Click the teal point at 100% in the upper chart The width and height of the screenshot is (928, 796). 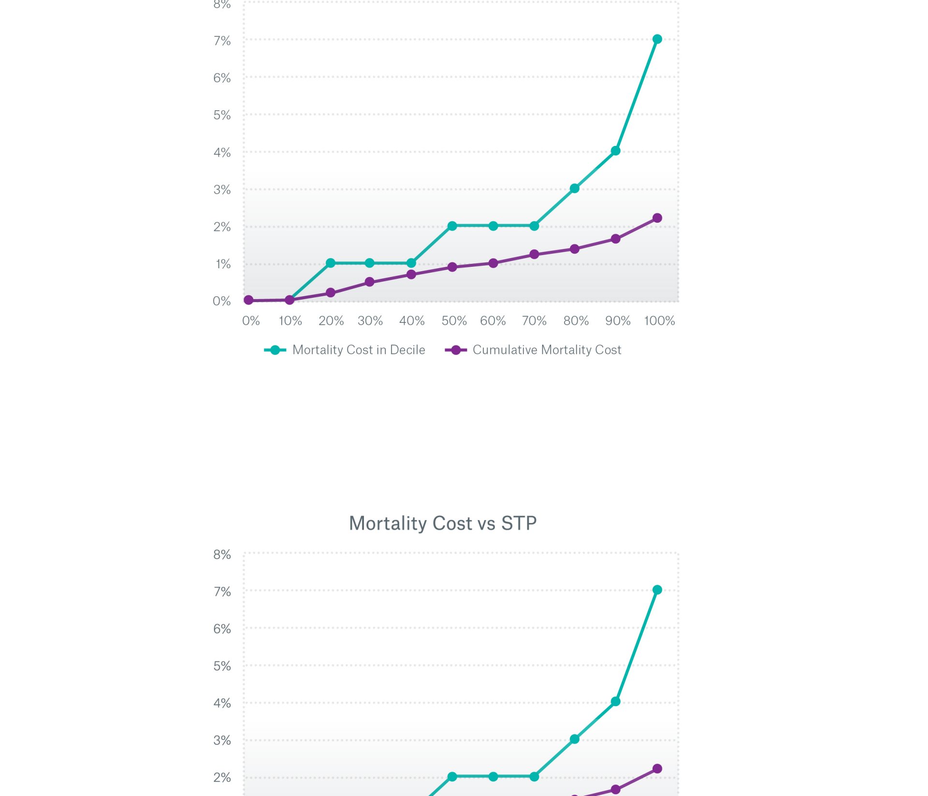pyautogui.click(x=657, y=39)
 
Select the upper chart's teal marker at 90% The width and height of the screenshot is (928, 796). pyautogui.click(x=615, y=151)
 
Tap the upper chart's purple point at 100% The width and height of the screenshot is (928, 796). pyautogui.click(x=657, y=218)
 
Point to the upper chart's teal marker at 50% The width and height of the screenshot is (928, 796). pyautogui.click(x=452, y=226)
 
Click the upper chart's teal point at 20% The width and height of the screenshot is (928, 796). pyautogui.click(x=331, y=263)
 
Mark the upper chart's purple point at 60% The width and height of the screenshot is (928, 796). pyautogui.click(x=493, y=263)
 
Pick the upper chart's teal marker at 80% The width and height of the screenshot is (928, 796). pyautogui.click(x=574, y=188)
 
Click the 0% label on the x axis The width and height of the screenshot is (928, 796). pyautogui.click(x=251, y=321)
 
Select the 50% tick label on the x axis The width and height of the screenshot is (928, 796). pyautogui.click(x=454, y=321)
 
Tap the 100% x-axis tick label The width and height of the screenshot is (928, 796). pyautogui.click(x=659, y=321)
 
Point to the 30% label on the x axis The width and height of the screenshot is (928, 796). pyautogui.click(x=370, y=321)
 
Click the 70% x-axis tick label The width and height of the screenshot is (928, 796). pyautogui.click(x=534, y=321)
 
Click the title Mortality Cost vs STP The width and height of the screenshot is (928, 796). pyautogui.click(x=443, y=523)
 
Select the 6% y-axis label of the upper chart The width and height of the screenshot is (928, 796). pyautogui.click(x=222, y=78)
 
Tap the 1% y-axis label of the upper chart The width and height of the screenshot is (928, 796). pyautogui.click(x=223, y=264)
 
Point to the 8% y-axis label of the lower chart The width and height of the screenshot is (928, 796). pyautogui.click(x=222, y=554)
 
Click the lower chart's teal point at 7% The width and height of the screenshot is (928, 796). pyautogui.click(x=657, y=590)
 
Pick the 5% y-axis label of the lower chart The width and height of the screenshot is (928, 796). pyautogui.click(x=222, y=666)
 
